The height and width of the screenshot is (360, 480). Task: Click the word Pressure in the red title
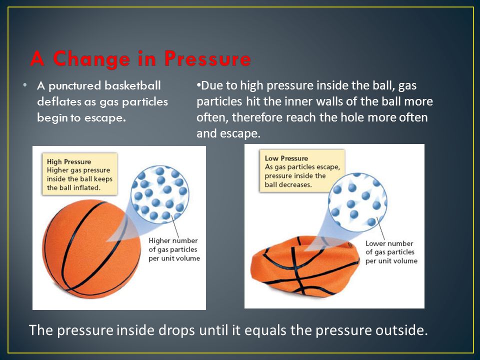click(207, 59)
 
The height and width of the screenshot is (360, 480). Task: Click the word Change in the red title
click(91, 59)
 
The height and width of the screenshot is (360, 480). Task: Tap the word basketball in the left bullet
click(132, 85)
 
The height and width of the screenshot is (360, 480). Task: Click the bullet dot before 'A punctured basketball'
click(25, 85)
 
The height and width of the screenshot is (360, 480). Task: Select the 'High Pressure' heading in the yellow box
click(69, 161)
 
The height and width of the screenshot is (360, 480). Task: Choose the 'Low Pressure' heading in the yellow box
click(286, 158)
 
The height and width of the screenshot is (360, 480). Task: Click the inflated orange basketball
click(91, 249)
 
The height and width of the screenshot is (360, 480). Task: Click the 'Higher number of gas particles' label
click(174, 249)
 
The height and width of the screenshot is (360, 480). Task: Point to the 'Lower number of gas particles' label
click(391, 252)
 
